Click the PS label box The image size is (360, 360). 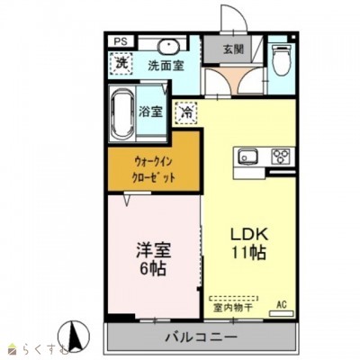pos(120,40)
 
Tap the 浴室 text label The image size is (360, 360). pos(151,112)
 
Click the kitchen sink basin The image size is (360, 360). pos(247,157)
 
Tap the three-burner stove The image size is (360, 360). pos(280,156)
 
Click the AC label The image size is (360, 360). pos(281,304)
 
